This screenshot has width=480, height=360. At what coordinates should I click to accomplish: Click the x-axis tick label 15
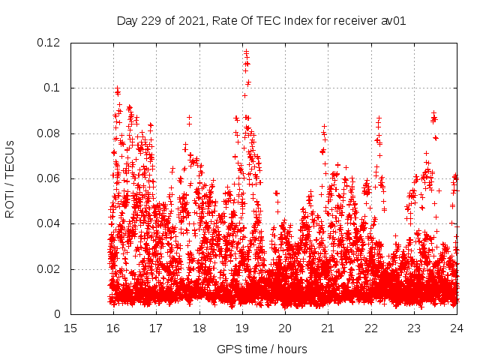pyautogui.click(x=70, y=328)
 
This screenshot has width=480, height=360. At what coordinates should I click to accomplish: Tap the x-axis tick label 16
pyautogui.click(x=113, y=328)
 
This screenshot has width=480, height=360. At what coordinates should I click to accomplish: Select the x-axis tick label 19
pyautogui.click(x=242, y=328)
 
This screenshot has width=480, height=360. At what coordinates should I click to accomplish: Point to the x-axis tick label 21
pyautogui.click(x=328, y=328)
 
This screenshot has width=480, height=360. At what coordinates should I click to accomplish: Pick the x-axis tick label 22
pyautogui.click(x=370, y=328)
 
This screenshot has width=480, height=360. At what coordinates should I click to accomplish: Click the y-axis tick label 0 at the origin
pyautogui.click(x=58, y=314)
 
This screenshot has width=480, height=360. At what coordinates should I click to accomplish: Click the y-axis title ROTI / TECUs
pyautogui.click(x=10, y=178)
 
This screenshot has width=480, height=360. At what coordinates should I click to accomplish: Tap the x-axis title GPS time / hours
pyautogui.click(x=262, y=349)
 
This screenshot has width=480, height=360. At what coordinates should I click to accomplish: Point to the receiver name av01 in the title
pyautogui.click(x=394, y=21)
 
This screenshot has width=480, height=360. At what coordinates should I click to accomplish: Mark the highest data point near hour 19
pyautogui.click(x=245, y=51)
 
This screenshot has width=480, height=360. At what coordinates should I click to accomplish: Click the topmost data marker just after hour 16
pyautogui.click(x=117, y=88)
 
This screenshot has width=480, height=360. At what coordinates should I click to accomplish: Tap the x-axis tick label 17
pyautogui.click(x=156, y=328)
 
